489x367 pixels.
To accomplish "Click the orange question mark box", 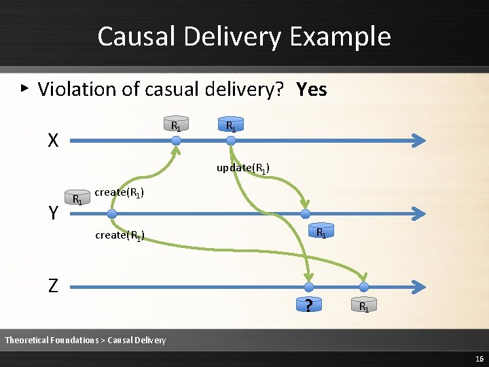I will pyautogui.click(x=309, y=306).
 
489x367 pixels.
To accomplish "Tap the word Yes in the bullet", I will pyautogui.click(x=312, y=89).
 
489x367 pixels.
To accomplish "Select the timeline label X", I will pyautogui.click(x=53, y=141).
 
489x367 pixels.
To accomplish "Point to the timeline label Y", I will pyautogui.click(x=53, y=213).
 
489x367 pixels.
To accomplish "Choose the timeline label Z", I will pyautogui.click(x=53, y=286).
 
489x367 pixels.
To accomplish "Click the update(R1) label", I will pyautogui.click(x=243, y=168).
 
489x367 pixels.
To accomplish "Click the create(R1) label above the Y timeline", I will pyautogui.click(x=120, y=192).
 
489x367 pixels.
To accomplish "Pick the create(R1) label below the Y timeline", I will pyautogui.click(x=120, y=236).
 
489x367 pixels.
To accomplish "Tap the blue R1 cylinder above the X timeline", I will pyautogui.click(x=231, y=125).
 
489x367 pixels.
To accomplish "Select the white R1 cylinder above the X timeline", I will pyautogui.click(x=175, y=125).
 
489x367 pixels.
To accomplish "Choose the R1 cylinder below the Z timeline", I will pyautogui.click(x=364, y=307).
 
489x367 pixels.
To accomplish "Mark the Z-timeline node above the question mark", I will pyautogui.click(x=309, y=287).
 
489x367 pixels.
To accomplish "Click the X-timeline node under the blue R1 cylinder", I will pyautogui.click(x=231, y=141).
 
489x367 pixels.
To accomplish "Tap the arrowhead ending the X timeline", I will pyautogui.click(x=420, y=141).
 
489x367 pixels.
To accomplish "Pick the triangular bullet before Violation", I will pyautogui.click(x=24, y=88).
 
